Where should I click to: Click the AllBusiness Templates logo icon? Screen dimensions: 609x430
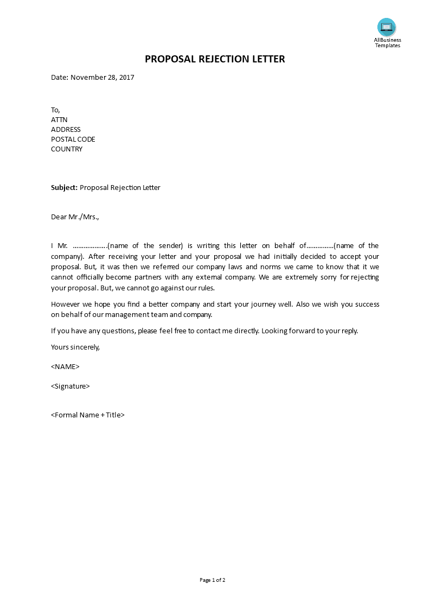[387, 27]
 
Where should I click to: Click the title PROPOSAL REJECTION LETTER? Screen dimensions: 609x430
[215, 59]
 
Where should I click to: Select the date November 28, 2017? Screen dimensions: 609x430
[102, 77]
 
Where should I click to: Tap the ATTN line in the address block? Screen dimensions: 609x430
[59, 119]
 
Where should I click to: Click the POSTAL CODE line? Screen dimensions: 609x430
[73, 139]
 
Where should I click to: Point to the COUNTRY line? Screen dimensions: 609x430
[67, 149]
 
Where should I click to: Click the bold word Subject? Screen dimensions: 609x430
[64, 188]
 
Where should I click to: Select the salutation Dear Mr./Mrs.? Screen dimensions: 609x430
[75, 217]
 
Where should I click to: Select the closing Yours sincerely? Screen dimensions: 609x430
[75, 347]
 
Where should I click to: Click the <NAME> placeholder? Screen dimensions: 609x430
[65, 366]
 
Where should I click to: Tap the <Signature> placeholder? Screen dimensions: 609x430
[70, 386]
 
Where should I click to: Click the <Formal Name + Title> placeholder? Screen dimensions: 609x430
[88, 415]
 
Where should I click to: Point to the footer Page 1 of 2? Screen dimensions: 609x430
[213, 580]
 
